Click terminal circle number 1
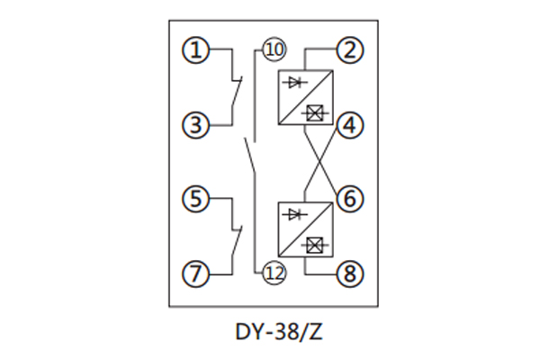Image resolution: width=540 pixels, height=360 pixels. tap(195, 50)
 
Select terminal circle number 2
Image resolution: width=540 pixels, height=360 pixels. tap(350, 50)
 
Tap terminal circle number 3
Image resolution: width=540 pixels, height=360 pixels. tap(195, 125)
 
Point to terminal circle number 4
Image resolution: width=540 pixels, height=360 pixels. tap(350, 125)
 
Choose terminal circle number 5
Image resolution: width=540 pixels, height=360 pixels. tap(195, 197)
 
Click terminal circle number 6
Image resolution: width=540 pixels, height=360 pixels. tap(350, 197)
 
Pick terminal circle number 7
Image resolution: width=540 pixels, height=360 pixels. tap(195, 271)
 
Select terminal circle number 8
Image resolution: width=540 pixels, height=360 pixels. tap(350, 271)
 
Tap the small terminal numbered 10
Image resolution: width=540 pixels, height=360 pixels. tap(272, 49)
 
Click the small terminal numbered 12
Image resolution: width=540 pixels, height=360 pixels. tap(273, 273)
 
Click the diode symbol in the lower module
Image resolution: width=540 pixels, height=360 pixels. tap(295, 214)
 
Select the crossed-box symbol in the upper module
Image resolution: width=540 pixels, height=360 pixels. tap(315, 112)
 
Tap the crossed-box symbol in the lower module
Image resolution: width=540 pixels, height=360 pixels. tap(315, 245)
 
